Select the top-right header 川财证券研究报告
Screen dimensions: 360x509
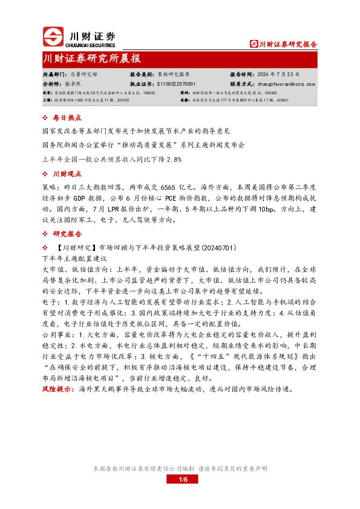pos(284,44)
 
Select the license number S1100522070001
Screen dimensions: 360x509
pos(176,83)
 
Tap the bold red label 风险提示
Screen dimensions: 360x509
pos(58,389)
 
